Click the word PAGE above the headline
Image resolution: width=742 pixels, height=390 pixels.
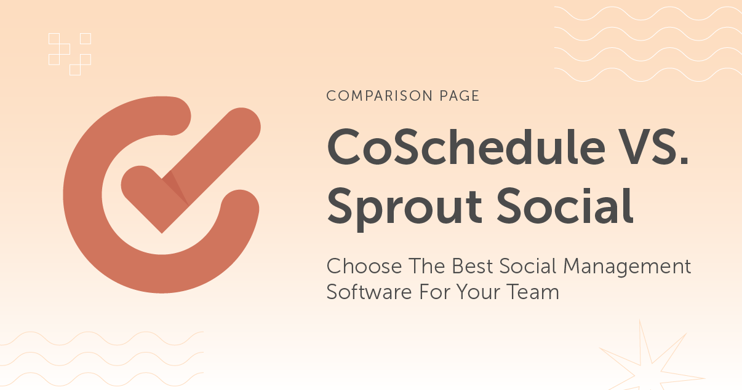(x=455, y=96)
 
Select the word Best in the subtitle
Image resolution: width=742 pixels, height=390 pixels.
(x=473, y=267)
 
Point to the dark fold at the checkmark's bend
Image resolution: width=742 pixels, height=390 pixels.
(x=174, y=187)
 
